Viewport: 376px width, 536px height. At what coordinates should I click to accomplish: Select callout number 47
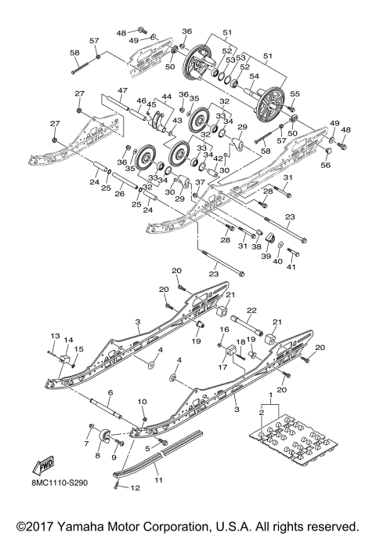(122, 91)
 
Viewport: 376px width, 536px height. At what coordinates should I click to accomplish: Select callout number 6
(110, 392)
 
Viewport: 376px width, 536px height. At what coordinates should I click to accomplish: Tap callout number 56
(326, 166)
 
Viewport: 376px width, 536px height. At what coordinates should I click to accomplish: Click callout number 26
(120, 195)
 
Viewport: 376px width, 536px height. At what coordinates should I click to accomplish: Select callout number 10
(143, 403)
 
